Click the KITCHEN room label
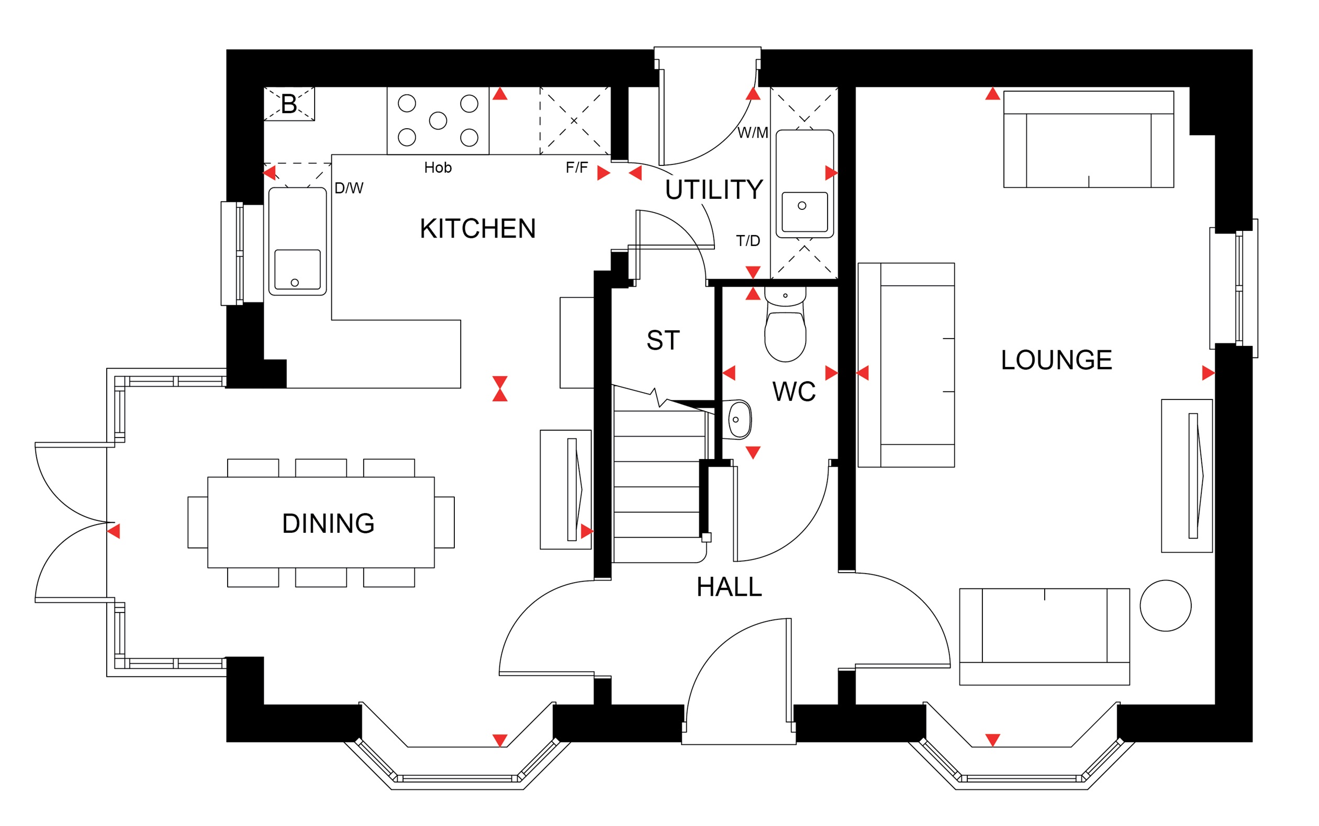coord(477,228)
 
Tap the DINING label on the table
coord(328,523)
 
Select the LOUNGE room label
coord(1056,360)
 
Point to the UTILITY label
coord(714,189)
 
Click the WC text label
coord(794,391)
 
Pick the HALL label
coord(729,587)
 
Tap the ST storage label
coord(663,340)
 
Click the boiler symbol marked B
coord(289,104)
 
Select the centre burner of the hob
coord(438,121)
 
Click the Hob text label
coord(438,167)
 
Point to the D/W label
coord(349,188)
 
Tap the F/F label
coord(577,167)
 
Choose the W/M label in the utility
coord(753,132)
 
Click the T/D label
coord(748,240)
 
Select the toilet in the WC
coord(786,325)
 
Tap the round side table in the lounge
coord(1166,605)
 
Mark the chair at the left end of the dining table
coord(198,522)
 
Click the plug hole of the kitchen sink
coord(295,283)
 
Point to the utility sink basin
coord(804,211)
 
